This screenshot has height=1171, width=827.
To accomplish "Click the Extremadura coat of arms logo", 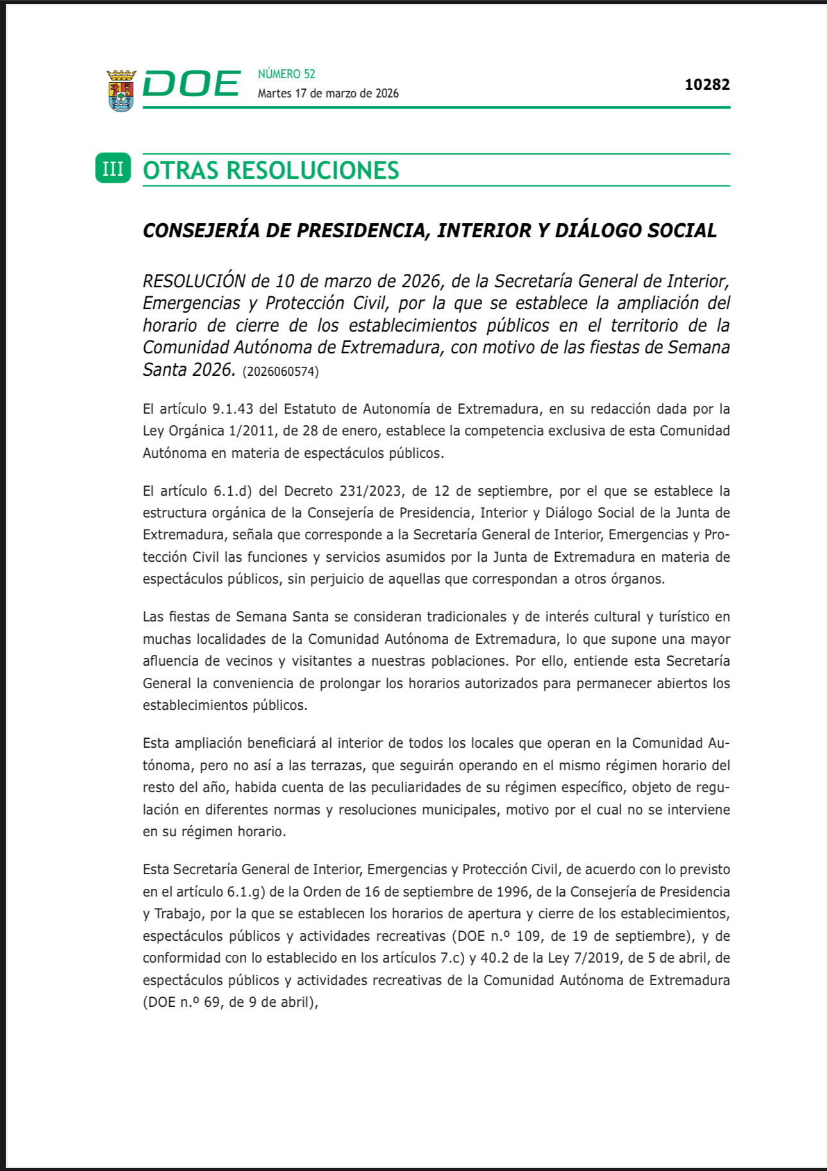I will tap(121, 90).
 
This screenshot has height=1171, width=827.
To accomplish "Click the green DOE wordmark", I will tap(191, 84).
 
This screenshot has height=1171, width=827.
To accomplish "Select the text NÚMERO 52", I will tap(287, 74).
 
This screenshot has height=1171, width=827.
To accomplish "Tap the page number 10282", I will tap(707, 85).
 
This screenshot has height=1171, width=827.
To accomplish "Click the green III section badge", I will tap(113, 169).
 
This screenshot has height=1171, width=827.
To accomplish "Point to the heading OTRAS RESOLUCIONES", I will tap(271, 171).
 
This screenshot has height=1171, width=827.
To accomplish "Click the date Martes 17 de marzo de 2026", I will tap(328, 94).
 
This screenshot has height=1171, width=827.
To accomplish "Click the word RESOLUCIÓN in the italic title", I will tap(194, 281).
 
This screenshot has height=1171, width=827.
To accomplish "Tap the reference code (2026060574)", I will tap(280, 371).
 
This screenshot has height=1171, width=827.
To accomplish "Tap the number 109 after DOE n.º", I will tap(528, 936).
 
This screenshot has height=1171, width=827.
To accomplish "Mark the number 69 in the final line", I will tap(212, 1002).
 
